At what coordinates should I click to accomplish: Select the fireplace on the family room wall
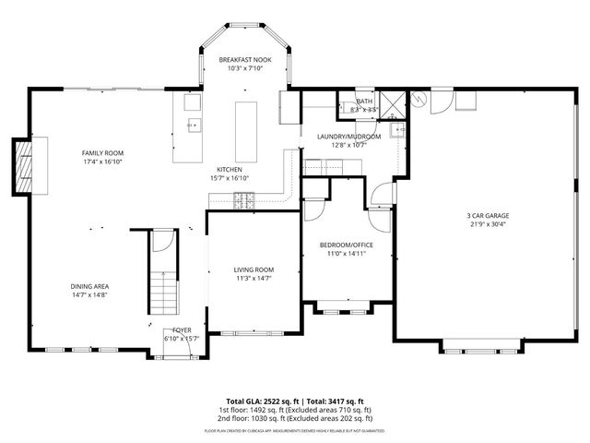[23, 168]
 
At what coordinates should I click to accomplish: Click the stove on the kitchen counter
[245, 198]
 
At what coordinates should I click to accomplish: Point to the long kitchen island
[245, 130]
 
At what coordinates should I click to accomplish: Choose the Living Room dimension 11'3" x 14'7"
[254, 278]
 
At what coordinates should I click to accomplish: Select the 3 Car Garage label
[488, 216]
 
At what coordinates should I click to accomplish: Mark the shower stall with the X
[391, 102]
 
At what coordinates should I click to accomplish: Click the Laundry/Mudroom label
[342, 137]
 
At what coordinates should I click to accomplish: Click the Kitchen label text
[230, 170]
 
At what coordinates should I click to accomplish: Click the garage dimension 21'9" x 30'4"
[488, 223]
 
